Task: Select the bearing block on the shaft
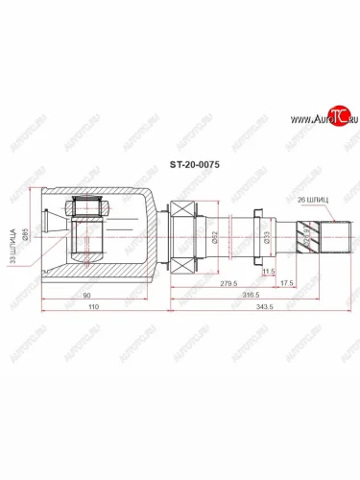[181, 234]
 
